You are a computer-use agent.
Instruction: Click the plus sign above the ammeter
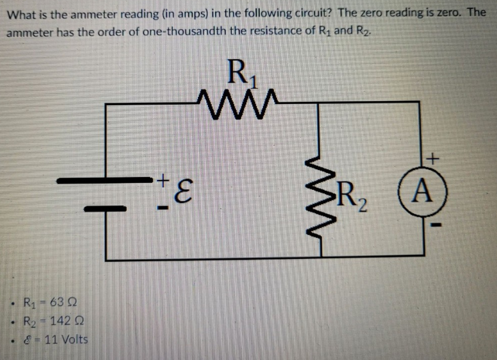pyautogui.click(x=432, y=157)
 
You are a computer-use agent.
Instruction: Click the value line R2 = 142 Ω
pyautogui.click(x=54, y=321)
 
